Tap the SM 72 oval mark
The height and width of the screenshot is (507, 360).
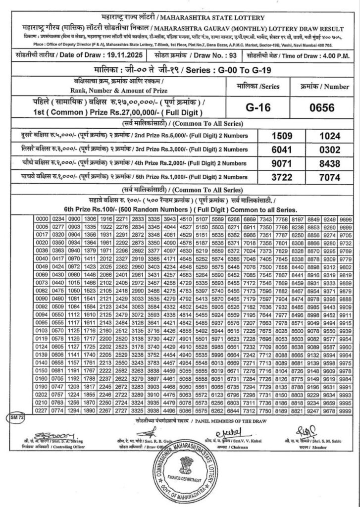[18, 419]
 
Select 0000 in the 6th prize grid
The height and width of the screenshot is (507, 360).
[42, 219]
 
